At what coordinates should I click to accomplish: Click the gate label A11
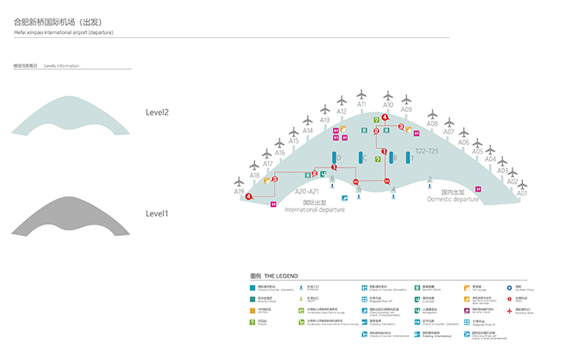pos(362,104)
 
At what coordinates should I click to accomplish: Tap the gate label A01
pos(522,193)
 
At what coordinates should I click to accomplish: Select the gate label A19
pos(239,192)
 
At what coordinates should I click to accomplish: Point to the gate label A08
pos(432,123)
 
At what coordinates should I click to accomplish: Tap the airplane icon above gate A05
pos(478,140)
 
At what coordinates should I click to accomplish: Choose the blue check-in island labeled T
pos(409,159)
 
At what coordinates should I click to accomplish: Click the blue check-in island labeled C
pos(363,158)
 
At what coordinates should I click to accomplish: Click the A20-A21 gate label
pos(308,192)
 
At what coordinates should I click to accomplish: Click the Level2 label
pos(157,112)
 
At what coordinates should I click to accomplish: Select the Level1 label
pos(157,213)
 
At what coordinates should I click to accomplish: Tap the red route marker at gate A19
pos(250,197)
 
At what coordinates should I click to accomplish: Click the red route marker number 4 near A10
pos(385,118)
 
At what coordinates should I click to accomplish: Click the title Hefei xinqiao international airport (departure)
pos(64,33)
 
